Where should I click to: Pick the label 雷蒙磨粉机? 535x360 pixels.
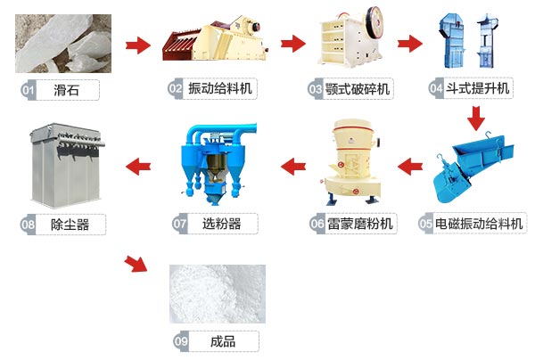click(x=360, y=224)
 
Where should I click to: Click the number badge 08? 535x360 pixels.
click(x=28, y=224)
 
